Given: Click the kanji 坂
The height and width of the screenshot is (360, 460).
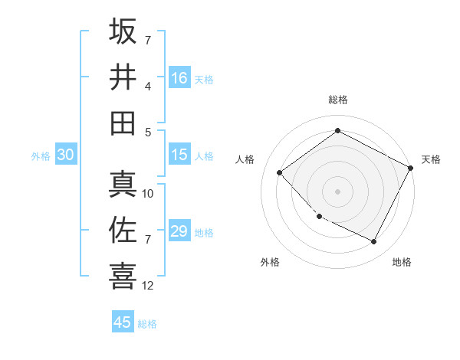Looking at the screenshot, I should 123,31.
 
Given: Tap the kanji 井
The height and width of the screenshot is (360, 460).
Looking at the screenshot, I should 123,77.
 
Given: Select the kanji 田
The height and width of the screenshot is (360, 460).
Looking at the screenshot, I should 123,123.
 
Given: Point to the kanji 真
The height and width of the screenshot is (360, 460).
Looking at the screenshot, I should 123,185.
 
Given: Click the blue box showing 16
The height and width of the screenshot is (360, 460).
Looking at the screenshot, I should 179,77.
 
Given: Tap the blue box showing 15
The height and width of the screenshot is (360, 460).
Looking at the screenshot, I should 179,155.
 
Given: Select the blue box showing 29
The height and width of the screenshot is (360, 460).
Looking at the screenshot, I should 179,231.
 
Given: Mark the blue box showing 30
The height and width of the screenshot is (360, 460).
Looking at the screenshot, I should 65,155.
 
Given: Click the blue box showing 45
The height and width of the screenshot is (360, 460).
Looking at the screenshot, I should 123,322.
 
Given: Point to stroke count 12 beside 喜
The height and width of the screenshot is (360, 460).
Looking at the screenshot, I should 148,286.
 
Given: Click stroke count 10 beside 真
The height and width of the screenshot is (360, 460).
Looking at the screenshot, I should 148,194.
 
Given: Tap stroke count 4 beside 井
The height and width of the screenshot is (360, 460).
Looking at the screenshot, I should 147,86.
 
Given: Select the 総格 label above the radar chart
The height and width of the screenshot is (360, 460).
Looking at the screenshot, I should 337,100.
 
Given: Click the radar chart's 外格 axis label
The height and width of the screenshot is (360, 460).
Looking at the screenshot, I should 270,262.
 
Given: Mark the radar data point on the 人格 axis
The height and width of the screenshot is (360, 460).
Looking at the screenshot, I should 280,172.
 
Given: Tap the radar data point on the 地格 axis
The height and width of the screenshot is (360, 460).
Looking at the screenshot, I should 374,242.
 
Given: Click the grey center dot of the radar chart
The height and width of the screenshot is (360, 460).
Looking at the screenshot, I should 337,191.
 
